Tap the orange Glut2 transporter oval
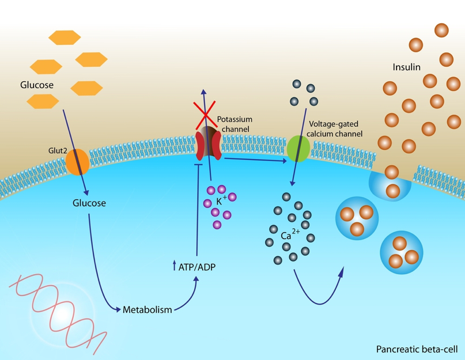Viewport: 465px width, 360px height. coord(77,162)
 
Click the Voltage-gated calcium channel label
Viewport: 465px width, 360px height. coord(336,128)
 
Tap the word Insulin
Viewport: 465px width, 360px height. coord(407,67)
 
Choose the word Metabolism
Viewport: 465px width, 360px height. coord(148,310)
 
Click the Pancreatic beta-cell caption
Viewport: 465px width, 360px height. coord(417,349)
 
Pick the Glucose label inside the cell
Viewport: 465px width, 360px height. coord(89,203)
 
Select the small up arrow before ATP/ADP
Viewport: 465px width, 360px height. coord(174,266)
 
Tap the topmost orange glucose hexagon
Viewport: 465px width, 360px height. coord(64,37)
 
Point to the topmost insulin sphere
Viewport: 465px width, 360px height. coord(442,31)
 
